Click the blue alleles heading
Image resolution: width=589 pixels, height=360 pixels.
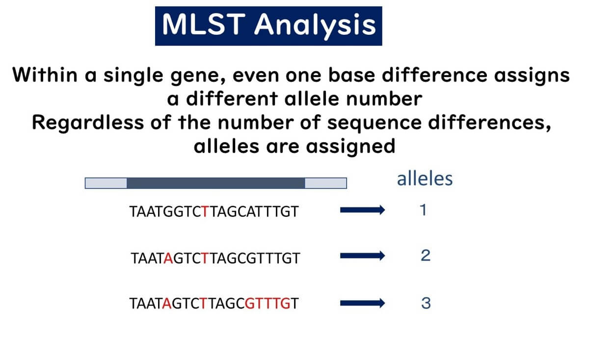425,179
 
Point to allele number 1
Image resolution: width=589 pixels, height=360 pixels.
424,211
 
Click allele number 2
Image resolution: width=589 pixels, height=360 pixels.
425,256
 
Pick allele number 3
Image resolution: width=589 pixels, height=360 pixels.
426,303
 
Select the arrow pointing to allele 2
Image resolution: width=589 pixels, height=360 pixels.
362,256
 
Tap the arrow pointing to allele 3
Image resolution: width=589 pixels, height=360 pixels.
362,304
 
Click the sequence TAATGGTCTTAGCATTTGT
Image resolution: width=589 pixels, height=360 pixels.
214,212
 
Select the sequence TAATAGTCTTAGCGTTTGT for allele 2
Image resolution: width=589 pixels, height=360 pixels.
215,258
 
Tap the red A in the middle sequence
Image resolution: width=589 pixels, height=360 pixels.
169,258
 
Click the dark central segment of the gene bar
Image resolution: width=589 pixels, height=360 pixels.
216,183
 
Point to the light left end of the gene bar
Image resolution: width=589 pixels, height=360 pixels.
106,183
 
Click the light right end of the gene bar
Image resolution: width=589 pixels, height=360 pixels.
326,183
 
